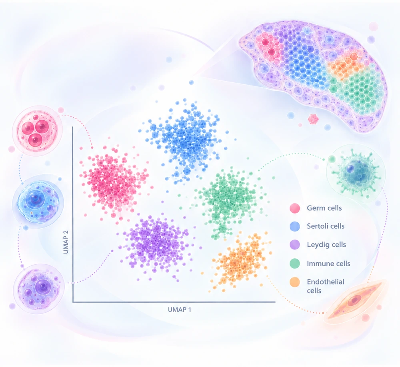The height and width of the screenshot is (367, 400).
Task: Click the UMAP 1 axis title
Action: (x=179, y=309)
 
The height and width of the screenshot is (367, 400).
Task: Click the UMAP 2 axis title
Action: (x=66, y=242)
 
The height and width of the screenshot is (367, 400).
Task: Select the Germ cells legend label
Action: (x=324, y=208)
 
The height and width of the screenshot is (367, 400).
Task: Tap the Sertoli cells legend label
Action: (x=326, y=226)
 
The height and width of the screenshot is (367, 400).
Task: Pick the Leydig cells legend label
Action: (x=326, y=245)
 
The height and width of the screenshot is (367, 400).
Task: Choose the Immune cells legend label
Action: (x=328, y=263)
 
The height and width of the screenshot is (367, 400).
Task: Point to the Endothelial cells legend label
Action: (x=326, y=286)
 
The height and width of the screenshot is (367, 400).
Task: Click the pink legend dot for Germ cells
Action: (x=295, y=208)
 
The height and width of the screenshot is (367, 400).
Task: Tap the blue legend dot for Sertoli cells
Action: (x=295, y=226)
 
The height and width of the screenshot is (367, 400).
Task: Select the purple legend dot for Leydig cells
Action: (x=295, y=245)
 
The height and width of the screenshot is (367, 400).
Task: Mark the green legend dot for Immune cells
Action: (x=295, y=263)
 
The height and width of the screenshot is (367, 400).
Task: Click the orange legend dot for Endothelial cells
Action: (x=295, y=282)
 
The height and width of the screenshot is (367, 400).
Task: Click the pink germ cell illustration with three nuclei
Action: (x=37, y=131)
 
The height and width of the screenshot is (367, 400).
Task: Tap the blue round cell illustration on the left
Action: (x=38, y=201)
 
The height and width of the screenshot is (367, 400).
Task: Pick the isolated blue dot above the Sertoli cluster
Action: (x=191, y=82)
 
